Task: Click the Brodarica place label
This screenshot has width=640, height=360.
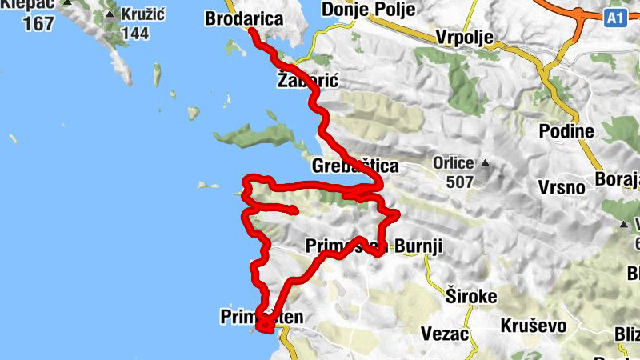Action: point(244,18)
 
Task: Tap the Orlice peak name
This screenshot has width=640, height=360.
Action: point(454,163)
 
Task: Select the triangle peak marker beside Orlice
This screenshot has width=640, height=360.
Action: point(483,163)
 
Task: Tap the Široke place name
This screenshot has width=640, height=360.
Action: point(471,296)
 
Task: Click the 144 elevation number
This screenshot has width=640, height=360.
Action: point(136,34)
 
